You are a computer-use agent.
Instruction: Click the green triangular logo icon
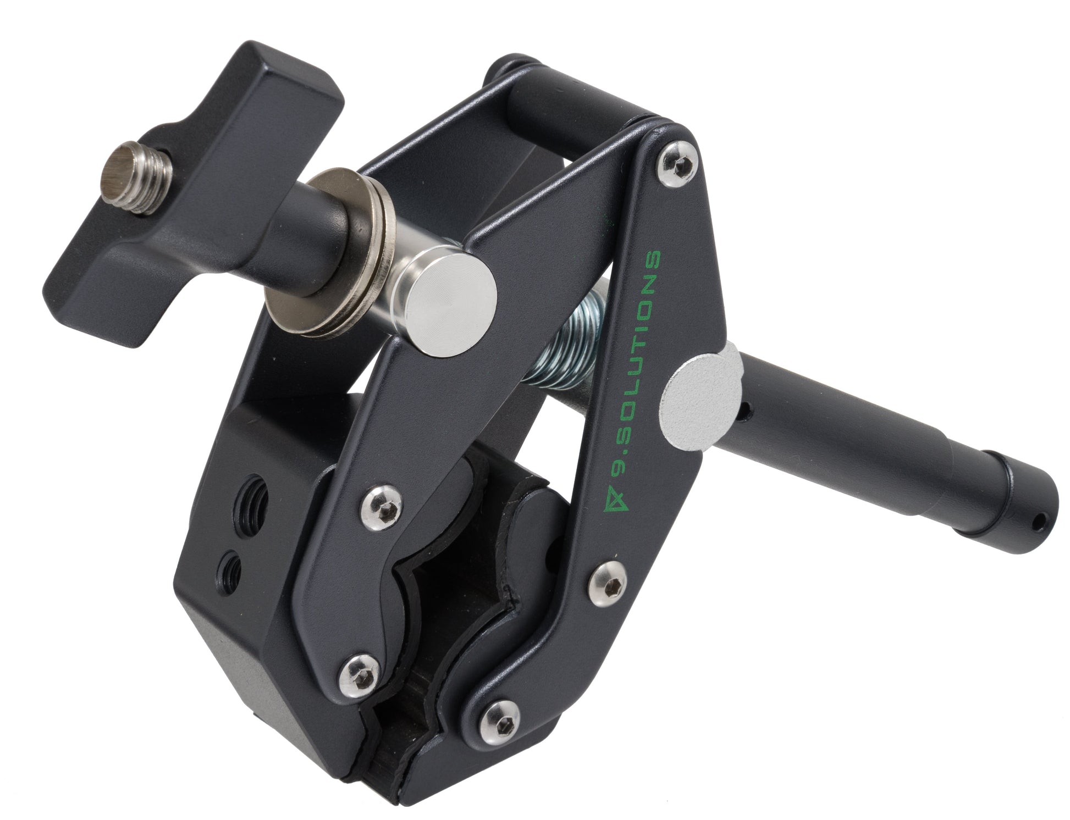[x=606, y=503]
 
